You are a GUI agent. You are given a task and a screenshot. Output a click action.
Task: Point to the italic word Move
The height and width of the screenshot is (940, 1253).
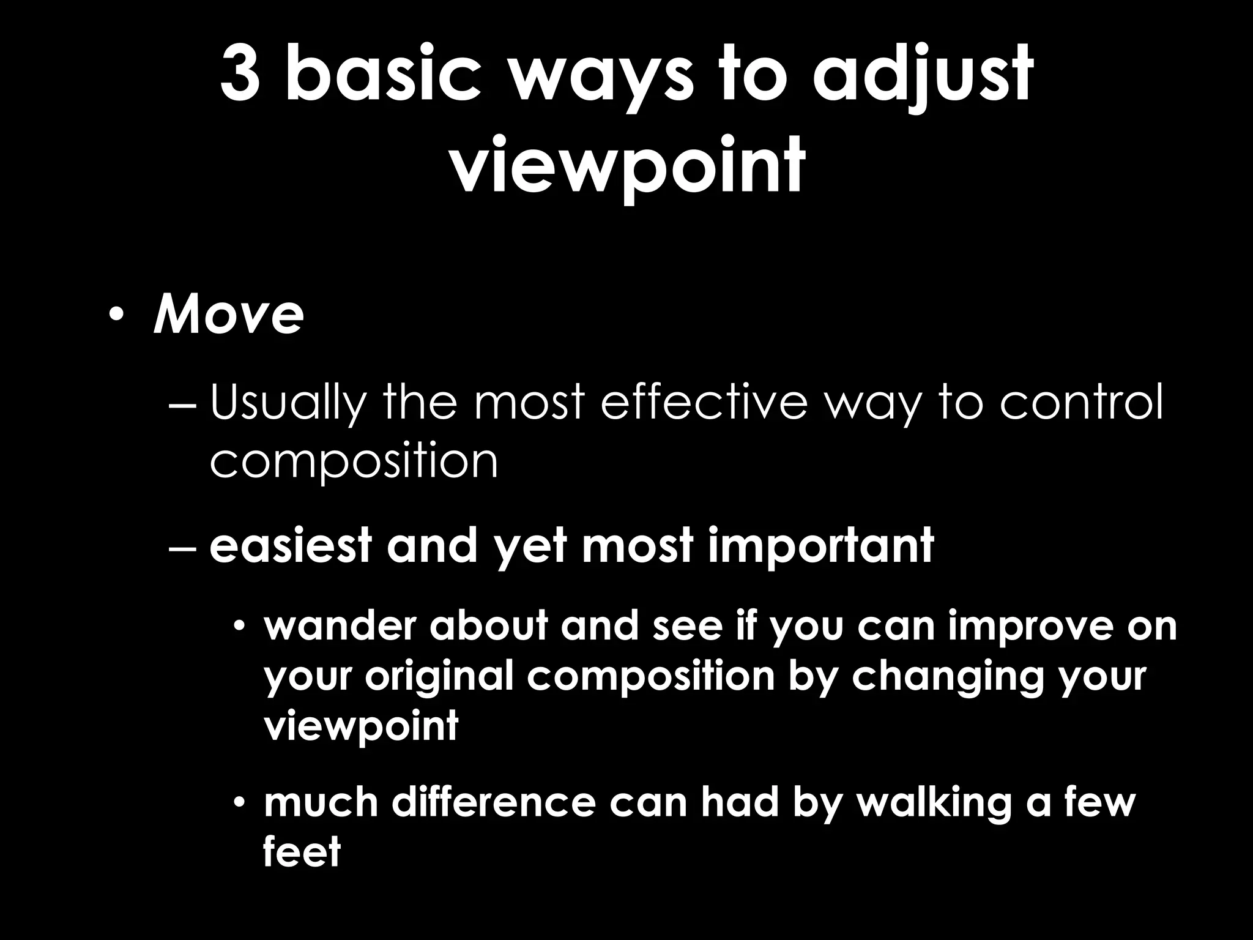tap(228, 316)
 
